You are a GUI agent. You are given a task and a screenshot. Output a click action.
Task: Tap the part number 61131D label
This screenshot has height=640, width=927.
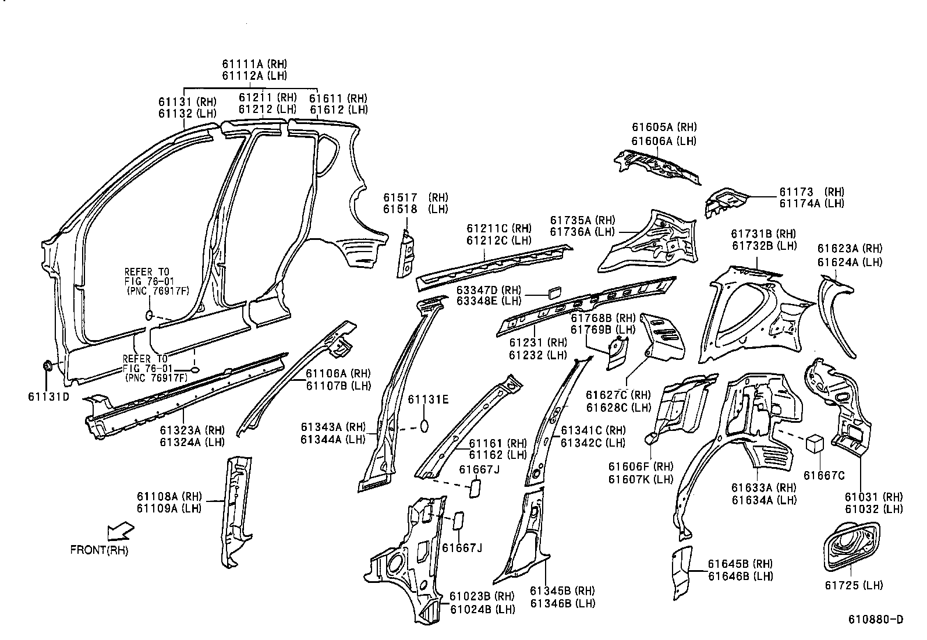coord(48,397)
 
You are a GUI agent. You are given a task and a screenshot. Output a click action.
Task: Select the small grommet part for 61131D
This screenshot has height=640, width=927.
coord(47,367)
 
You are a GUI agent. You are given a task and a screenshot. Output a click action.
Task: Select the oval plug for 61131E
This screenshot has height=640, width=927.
coord(424,425)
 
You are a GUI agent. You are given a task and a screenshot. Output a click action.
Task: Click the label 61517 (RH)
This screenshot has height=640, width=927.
coord(415,197)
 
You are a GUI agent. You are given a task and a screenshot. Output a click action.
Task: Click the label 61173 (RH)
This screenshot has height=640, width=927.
coord(812,192)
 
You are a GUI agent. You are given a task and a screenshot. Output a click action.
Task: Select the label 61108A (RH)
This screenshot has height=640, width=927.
coord(169,496)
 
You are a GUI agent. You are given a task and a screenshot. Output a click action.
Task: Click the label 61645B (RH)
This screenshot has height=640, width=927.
coord(740,564)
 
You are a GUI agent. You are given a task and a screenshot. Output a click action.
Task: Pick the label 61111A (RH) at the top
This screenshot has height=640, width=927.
coord(254,64)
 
